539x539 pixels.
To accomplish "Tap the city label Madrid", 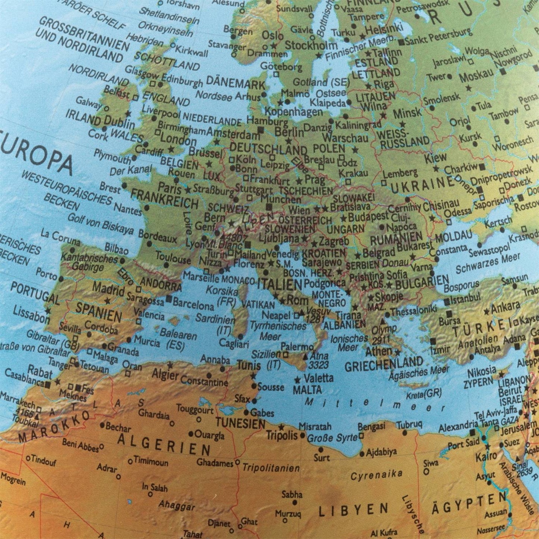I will [108, 289].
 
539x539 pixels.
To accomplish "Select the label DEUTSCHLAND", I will [267, 149].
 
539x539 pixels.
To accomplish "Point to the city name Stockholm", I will [311, 46].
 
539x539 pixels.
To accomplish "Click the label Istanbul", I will [465, 299].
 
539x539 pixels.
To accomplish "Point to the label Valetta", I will [318, 378].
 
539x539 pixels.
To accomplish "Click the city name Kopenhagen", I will [294, 111].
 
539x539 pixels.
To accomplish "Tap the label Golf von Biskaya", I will [100, 224].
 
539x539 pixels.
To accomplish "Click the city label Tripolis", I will [282, 435].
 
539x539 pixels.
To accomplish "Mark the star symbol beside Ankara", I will [486, 311].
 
